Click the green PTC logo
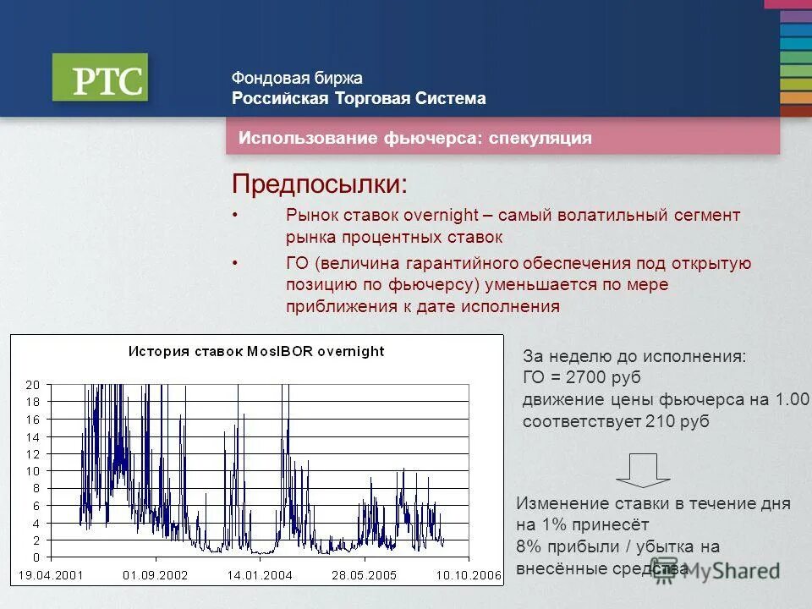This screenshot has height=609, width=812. coord(100,78)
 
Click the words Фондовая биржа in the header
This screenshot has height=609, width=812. coord(297,78)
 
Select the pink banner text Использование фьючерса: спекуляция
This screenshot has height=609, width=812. coord(414,138)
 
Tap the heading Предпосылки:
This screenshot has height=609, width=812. coord(320,184)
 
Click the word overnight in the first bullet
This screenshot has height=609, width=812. coord(440,216)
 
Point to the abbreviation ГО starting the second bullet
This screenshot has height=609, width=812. coord(297,264)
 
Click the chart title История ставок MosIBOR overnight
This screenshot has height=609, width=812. coord(255,352)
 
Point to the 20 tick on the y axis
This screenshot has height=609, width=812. coord(32,385)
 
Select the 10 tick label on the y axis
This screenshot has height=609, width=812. coord(32,471)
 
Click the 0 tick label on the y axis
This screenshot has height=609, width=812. coord(36,557)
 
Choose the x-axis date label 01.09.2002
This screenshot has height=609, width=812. coord(156,575)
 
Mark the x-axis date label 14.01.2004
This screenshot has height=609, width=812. coord(260,575)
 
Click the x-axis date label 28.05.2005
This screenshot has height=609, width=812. coord(364,575)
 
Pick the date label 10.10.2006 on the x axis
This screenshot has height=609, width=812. coord(468,575)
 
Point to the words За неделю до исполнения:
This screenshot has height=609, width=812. coord(634,356)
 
